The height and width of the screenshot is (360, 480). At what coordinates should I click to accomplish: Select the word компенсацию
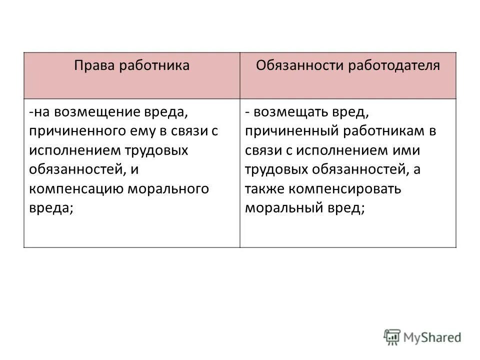point(77,188)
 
